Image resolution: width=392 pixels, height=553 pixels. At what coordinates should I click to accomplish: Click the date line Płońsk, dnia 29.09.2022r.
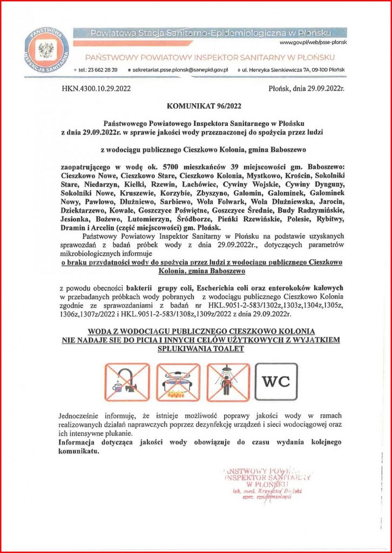306,87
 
